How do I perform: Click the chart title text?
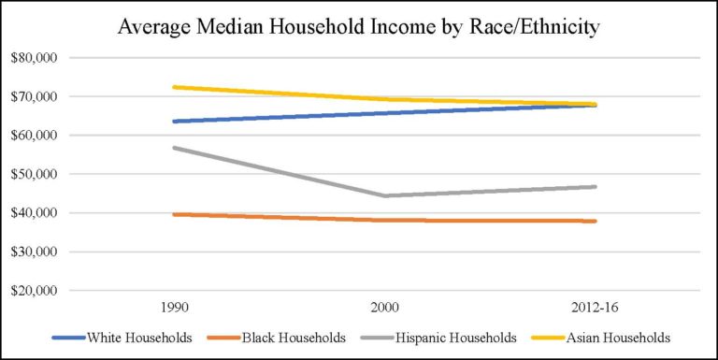pos(359,27)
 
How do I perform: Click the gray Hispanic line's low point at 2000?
pos(384,195)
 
